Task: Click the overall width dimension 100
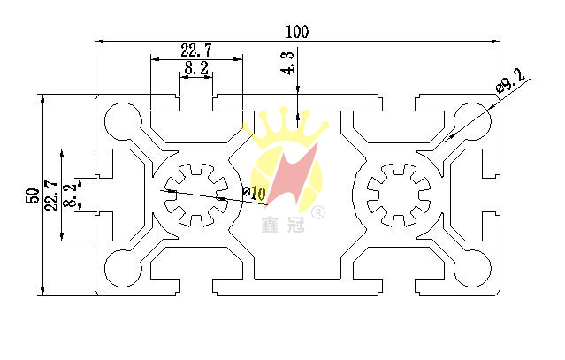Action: click(296, 32)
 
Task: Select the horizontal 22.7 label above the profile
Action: click(196, 50)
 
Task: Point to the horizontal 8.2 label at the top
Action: click(196, 68)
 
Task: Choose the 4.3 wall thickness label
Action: click(289, 65)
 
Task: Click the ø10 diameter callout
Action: click(254, 192)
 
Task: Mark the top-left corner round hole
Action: click(119, 121)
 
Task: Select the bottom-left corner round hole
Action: click(119, 266)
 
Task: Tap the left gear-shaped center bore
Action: click(196, 194)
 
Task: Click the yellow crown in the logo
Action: click(285, 133)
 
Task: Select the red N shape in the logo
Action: click(291, 178)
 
